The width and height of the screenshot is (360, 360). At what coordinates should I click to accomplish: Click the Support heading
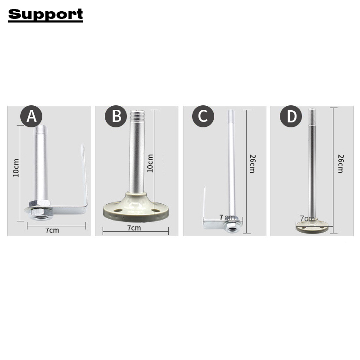pos(45,14)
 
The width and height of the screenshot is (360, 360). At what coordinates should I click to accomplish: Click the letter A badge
pos(31,116)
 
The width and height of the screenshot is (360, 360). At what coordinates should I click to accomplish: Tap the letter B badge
pos(116,116)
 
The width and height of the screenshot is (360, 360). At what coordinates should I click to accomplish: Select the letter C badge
pos(203,116)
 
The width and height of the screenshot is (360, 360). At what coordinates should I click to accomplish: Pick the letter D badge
pos(291,116)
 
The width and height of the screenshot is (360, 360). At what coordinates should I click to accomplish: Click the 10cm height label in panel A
pos(16,167)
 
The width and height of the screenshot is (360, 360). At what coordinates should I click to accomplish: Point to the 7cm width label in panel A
pos(52,230)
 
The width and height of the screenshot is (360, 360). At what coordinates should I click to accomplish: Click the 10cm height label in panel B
pos(150,163)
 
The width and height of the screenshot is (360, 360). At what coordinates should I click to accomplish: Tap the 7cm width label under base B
pos(134,228)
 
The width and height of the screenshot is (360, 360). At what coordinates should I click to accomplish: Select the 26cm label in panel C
pos(252,164)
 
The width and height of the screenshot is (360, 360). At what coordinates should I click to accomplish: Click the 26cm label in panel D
pos(340,164)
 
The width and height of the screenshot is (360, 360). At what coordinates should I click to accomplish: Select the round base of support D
pos(315,226)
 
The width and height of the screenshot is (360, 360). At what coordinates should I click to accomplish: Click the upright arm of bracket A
pos(83,175)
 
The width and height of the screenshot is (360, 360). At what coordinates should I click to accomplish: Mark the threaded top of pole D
pos(312,116)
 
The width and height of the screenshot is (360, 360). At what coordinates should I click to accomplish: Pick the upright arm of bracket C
pos(205,202)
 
